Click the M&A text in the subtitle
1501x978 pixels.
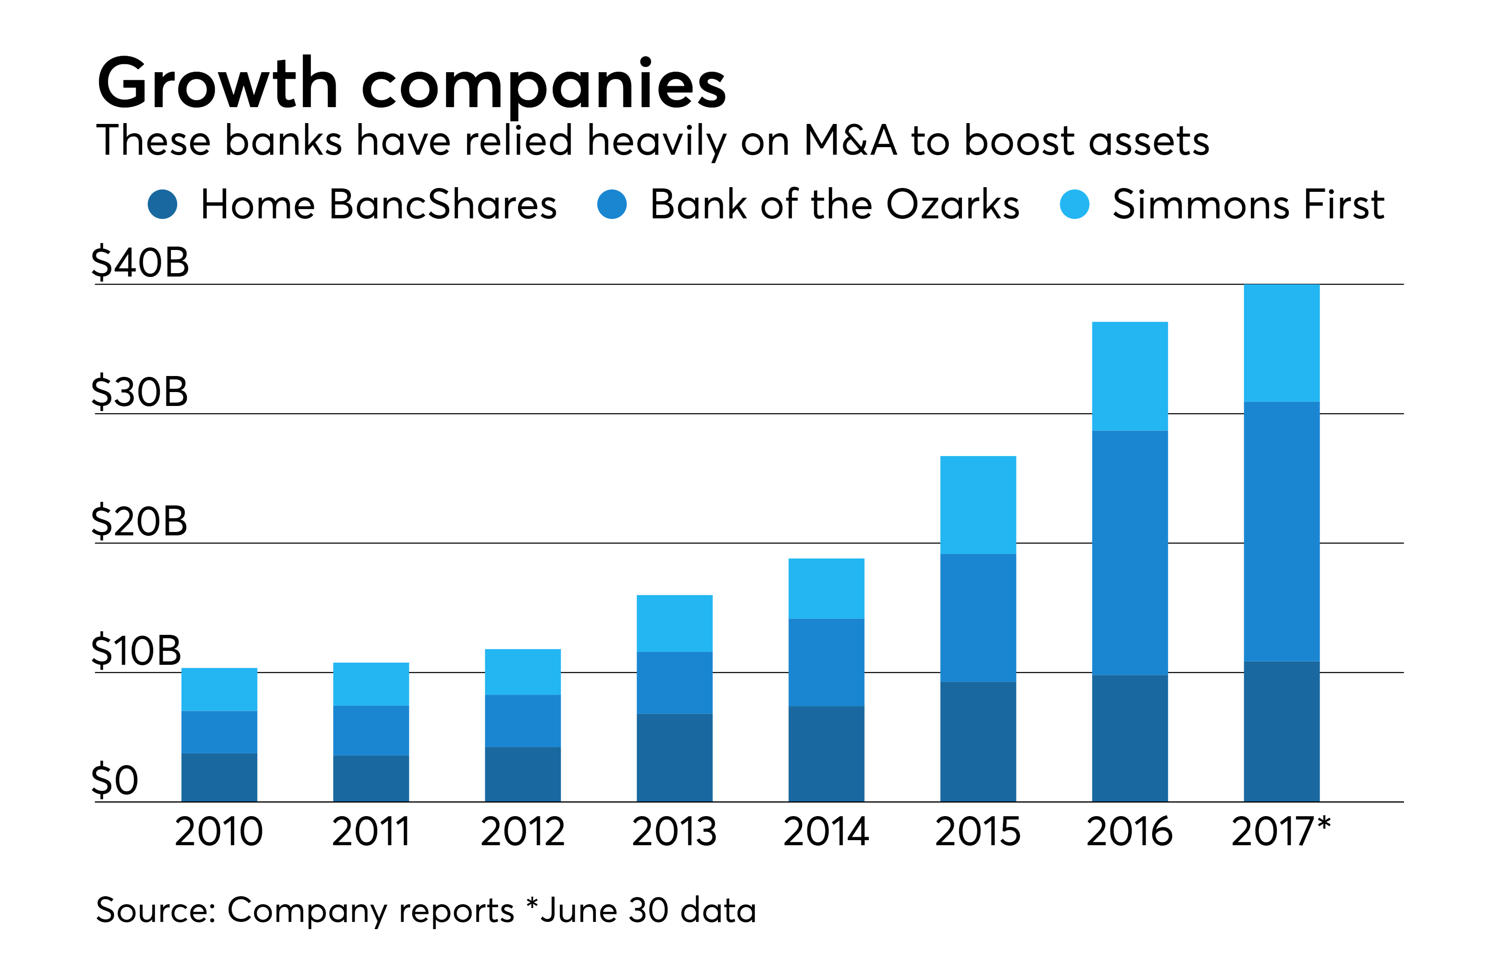point(850,141)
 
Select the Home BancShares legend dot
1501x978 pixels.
point(162,205)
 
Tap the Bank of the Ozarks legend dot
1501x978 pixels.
point(611,205)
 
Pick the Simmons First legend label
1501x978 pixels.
point(1248,205)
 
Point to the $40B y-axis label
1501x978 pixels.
point(140,263)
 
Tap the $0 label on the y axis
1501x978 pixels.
point(115,781)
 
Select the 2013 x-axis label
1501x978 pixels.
point(674,832)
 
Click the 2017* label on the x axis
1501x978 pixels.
point(1280,832)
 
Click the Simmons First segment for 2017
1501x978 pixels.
point(1281,343)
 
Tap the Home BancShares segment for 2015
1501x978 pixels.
point(977,742)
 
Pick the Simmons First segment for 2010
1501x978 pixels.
point(219,689)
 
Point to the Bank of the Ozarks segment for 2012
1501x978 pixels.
point(522,721)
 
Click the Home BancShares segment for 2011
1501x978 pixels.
point(371,778)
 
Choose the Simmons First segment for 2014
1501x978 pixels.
point(826,588)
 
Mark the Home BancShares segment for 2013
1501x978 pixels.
point(674,757)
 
